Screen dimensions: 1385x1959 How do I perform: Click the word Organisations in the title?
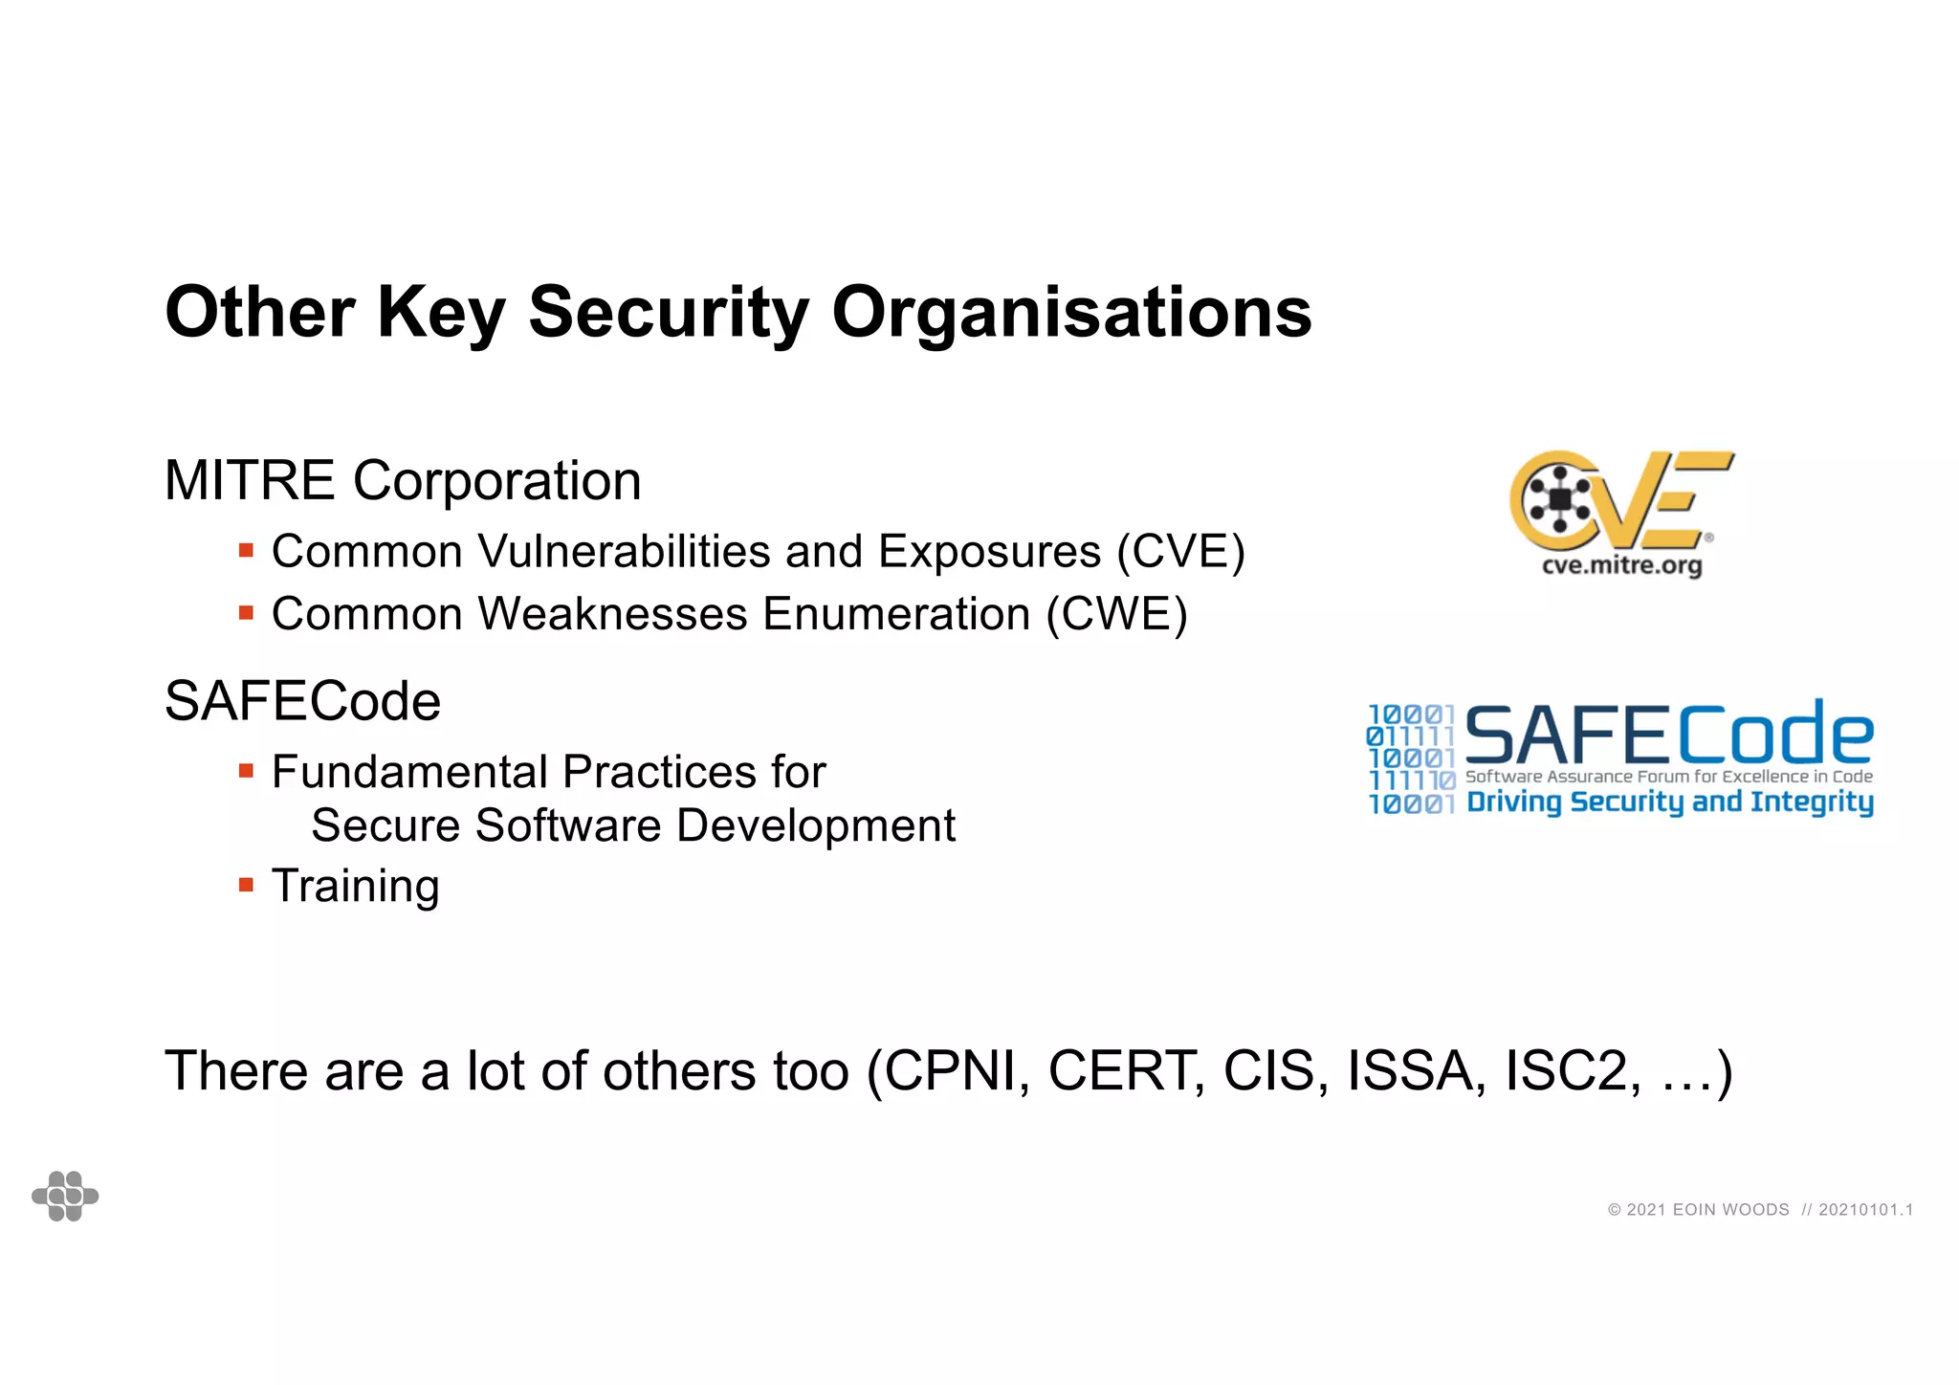point(1071,314)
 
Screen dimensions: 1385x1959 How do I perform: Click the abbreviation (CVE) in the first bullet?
point(1180,552)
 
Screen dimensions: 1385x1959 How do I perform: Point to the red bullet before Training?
point(246,886)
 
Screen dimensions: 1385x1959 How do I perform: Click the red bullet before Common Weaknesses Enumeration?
point(246,613)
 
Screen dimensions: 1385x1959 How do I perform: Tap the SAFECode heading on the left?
point(302,701)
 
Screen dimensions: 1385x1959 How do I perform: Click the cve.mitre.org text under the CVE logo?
point(1621,565)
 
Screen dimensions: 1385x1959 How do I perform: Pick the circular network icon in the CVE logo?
point(1560,498)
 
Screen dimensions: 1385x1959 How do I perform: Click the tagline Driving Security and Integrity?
point(1669,802)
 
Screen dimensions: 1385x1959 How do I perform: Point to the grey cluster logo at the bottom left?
point(65,1196)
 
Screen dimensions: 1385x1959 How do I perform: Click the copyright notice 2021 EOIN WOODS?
point(1698,1210)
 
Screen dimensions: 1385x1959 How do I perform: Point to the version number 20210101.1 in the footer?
point(1865,1210)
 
